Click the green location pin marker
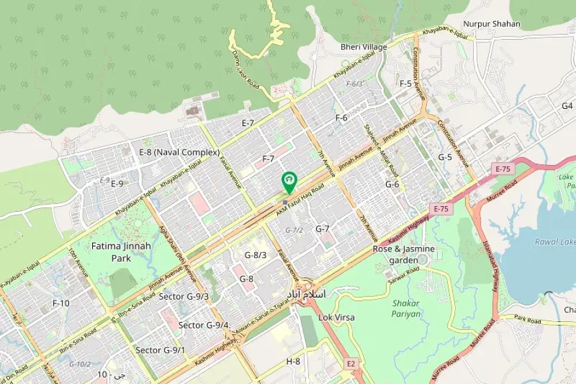(x=289, y=182)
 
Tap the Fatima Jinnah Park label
(x=111, y=252)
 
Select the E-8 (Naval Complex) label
(x=179, y=152)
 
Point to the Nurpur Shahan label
(x=492, y=24)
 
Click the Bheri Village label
(x=364, y=47)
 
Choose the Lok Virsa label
(x=336, y=317)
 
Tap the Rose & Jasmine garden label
(x=404, y=253)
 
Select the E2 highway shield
(x=350, y=364)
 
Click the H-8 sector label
(x=293, y=361)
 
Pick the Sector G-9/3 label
(x=184, y=296)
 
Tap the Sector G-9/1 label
(x=160, y=350)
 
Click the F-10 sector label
(x=61, y=303)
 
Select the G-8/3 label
(x=255, y=255)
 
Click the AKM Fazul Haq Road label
(x=300, y=199)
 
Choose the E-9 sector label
(x=116, y=184)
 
